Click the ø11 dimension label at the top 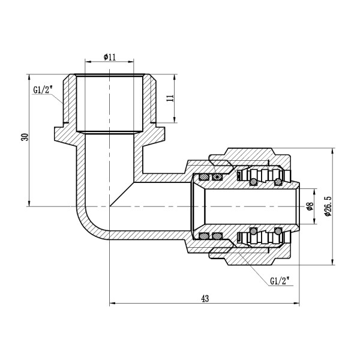click(x=109, y=56)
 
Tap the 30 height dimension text click(x=25, y=137)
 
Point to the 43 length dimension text click(x=205, y=298)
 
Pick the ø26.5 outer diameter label click(x=327, y=206)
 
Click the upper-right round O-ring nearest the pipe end click(x=278, y=181)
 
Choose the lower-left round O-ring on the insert click(x=254, y=232)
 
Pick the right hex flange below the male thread click(x=158, y=131)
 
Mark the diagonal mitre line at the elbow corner click(x=121, y=194)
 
